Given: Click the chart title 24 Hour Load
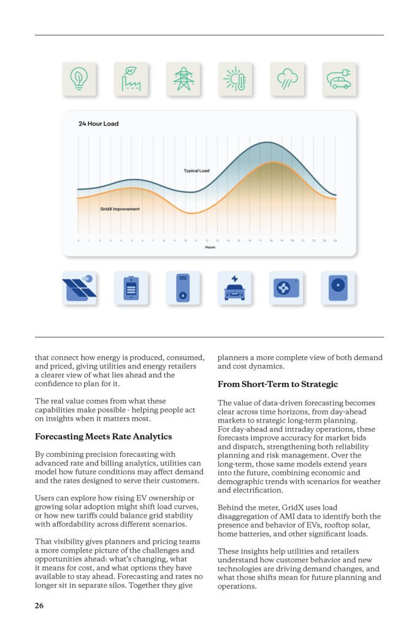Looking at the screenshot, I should pos(98,124).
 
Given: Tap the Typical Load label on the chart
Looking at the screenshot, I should pos(196,170).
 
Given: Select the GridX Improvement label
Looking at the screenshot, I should pos(120,209).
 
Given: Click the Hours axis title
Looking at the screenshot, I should pos(210,247).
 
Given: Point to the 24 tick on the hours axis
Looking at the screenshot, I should pos(336,240).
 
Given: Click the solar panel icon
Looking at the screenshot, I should pos(79,288).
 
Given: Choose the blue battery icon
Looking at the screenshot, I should pos(131,288).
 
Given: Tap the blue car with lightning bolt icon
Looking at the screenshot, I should pos(235,288).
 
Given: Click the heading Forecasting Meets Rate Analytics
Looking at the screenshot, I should pos(103,437).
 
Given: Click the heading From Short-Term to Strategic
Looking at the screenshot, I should pos(277,385).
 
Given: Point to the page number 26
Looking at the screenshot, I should pos(39,606).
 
